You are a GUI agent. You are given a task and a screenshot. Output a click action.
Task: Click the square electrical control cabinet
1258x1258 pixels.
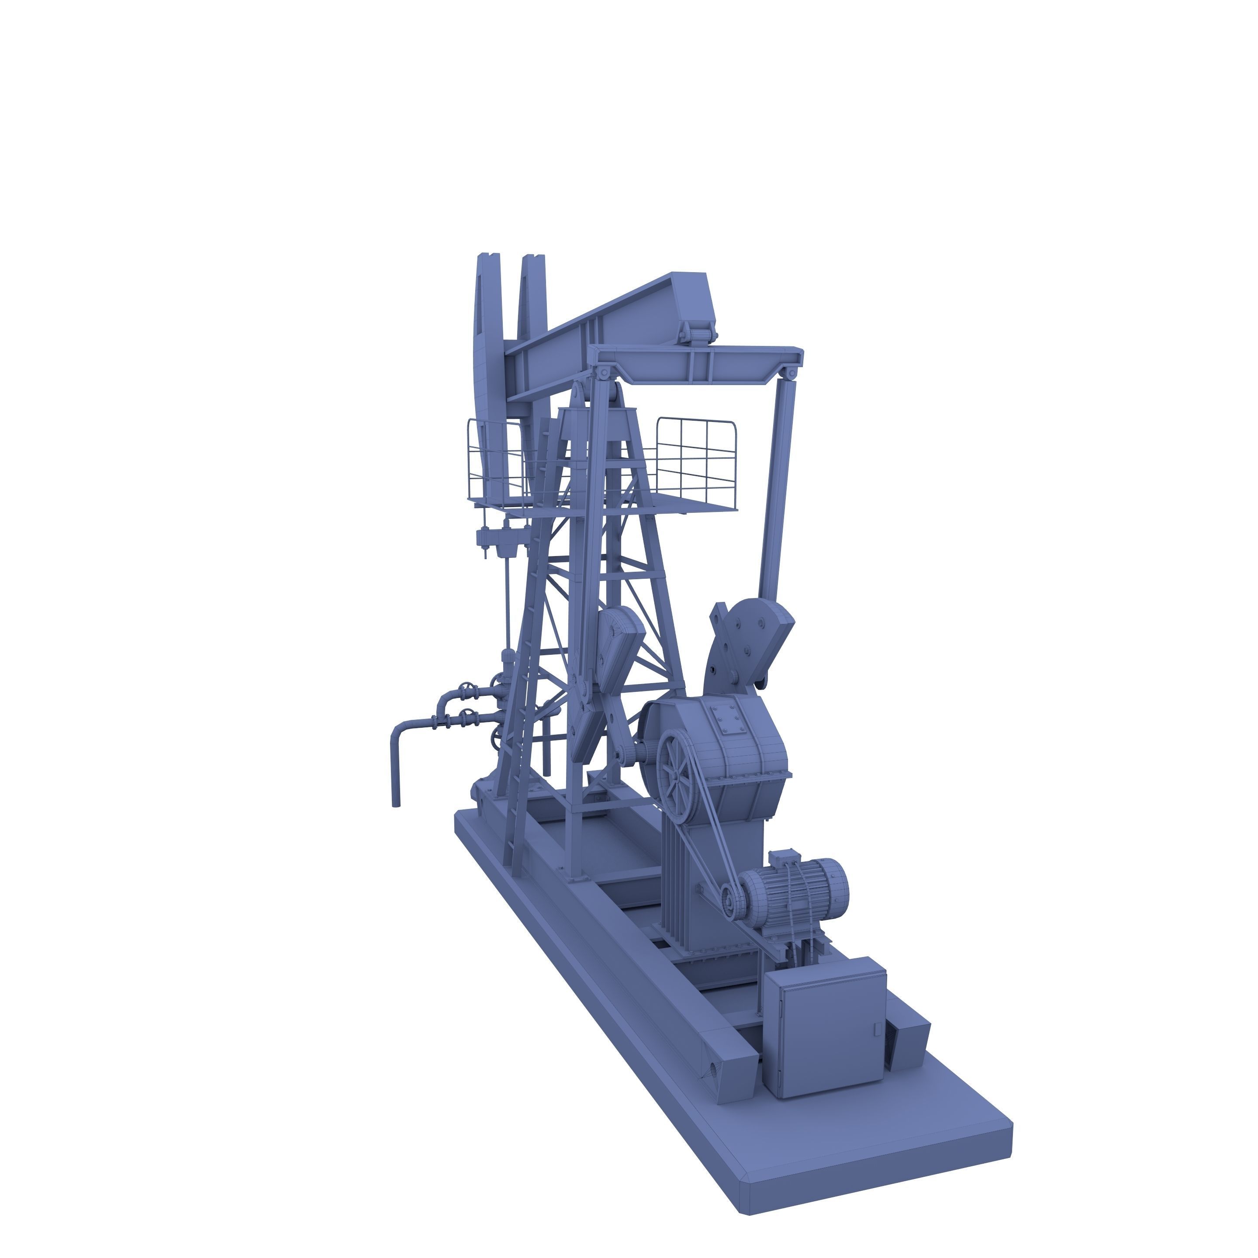coord(824,1029)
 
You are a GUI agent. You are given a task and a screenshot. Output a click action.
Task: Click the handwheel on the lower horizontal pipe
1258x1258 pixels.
coord(466,716)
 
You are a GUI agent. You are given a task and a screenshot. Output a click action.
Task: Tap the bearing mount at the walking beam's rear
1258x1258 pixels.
coord(697,333)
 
